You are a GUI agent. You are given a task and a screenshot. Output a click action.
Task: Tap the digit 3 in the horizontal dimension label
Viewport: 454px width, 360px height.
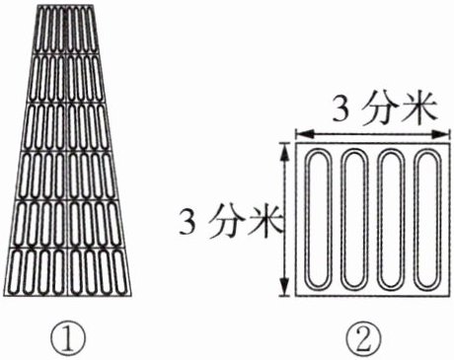point(340,109)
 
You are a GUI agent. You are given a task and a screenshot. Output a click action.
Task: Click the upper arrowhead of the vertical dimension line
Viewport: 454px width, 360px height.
point(284,151)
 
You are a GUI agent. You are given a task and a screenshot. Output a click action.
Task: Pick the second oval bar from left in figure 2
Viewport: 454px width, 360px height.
point(341,218)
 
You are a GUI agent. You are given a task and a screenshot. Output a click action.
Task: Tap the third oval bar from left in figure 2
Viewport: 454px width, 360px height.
point(378,218)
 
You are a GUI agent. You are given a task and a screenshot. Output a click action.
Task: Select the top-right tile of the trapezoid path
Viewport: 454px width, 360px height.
point(83,30)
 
